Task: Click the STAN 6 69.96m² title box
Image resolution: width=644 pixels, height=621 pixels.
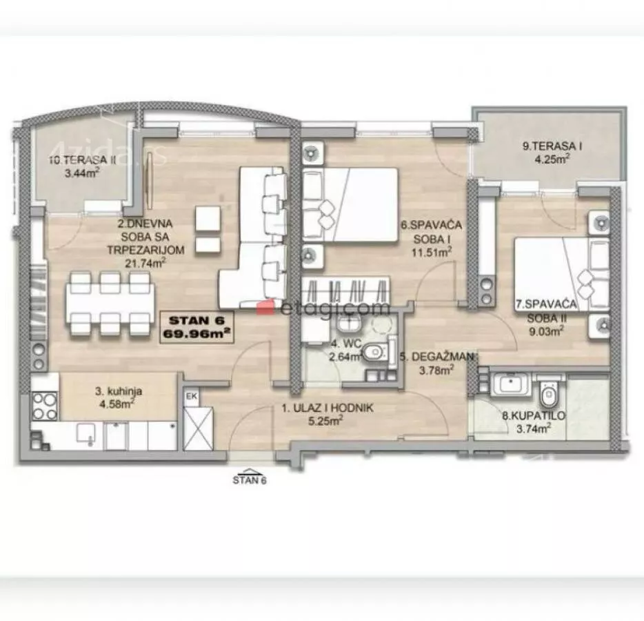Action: click(197, 327)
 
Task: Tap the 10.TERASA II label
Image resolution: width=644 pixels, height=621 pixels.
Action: click(83, 160)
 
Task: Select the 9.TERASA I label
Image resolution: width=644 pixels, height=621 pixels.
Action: click(552, 146)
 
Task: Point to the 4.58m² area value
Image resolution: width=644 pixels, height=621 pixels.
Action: click(117, 404)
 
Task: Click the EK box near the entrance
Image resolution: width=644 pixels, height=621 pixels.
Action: click(192, 397)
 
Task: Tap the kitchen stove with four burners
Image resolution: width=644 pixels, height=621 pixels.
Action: click(44, 406)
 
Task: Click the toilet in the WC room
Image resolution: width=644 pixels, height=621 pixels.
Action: click(375, 352)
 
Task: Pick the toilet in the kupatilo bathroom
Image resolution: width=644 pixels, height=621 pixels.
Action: click(548, 394)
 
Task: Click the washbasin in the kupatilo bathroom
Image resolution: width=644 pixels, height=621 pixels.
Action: click(510, 384)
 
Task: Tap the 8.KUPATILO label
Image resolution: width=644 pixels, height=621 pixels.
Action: click(534, 415)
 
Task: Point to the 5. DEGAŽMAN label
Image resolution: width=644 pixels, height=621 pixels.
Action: click(437, 357)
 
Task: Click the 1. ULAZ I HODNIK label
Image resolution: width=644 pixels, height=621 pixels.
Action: click(328, 408)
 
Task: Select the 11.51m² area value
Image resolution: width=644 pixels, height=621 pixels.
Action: click(432, 252)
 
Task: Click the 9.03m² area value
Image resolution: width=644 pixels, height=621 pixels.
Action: click(546, 331)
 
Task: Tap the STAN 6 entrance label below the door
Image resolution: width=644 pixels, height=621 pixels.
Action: click(250, 480)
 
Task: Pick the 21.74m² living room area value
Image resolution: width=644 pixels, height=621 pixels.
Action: click(145, 263)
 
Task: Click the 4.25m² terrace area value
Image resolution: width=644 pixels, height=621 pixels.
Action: click(552, 159)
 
